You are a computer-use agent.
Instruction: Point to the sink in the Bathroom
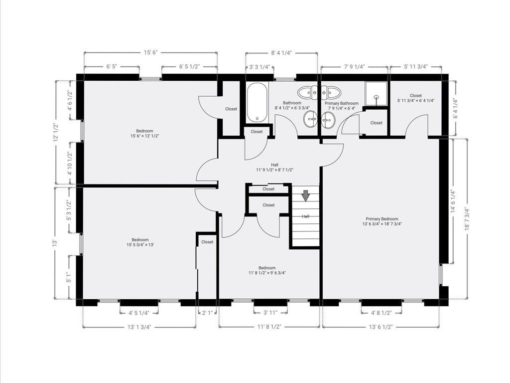[311, 119]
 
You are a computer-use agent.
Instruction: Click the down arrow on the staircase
[305, 195]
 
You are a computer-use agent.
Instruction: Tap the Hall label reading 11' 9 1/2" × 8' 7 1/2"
[274, 167]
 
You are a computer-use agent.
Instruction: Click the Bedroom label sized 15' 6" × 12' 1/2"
[145, 133]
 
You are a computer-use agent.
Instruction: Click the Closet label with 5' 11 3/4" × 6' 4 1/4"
[416, 98]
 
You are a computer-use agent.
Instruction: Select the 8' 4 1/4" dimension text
[281, 52]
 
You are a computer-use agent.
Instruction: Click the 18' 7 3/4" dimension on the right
[467, 218]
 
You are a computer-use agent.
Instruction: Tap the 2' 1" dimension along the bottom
[207, 313]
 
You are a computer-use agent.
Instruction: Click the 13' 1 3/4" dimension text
[139, 327]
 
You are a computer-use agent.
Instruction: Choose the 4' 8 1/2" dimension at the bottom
[382, 313]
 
